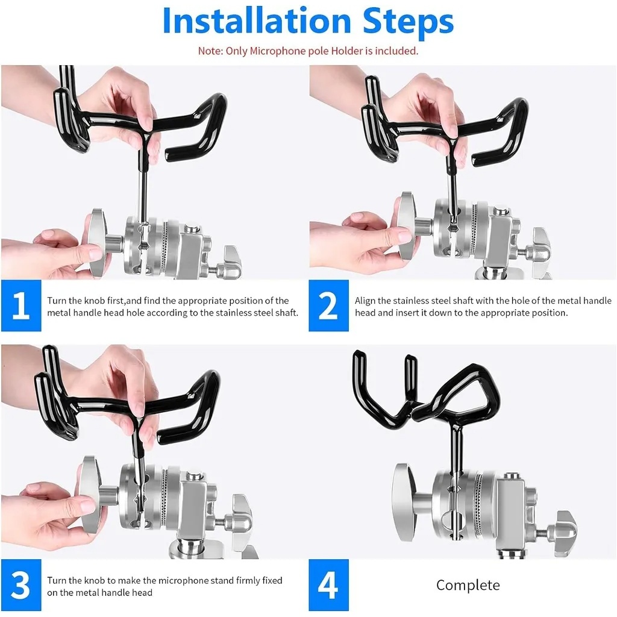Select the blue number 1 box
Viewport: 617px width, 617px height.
(21, 305)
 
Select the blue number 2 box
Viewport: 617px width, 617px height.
(328, 305)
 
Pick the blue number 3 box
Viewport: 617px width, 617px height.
(21, 584)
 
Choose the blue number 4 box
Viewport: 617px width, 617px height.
(328, 584)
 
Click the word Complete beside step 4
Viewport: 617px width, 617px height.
(468, 585)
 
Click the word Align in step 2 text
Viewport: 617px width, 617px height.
(365, 301)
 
